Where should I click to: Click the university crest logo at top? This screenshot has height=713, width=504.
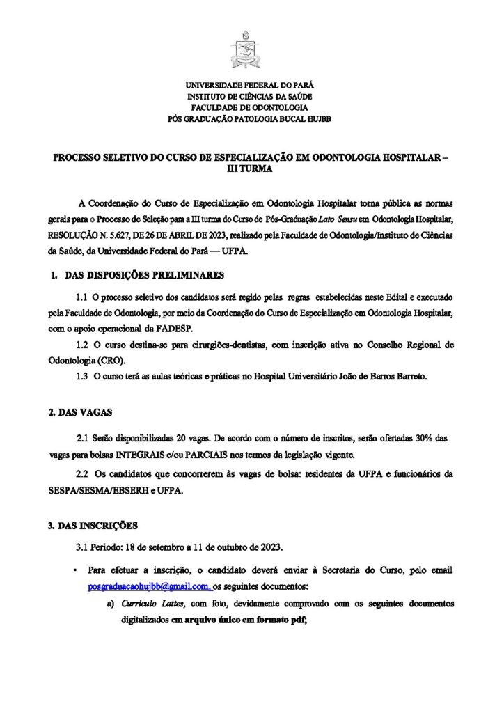tap(252, 47)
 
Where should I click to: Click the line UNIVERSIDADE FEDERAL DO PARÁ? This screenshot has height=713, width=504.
tap(252, 84)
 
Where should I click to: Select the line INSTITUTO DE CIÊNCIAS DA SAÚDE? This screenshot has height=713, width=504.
tap(252, 96)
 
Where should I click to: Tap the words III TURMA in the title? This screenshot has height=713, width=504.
tap(252, 169)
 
